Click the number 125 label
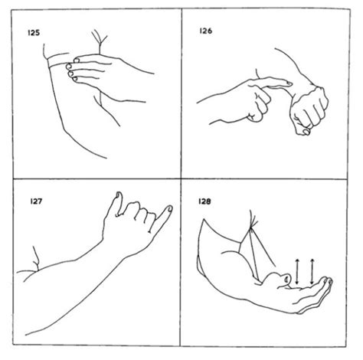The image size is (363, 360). (x=34, y=33)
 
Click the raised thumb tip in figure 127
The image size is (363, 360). (x=118, y=195)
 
